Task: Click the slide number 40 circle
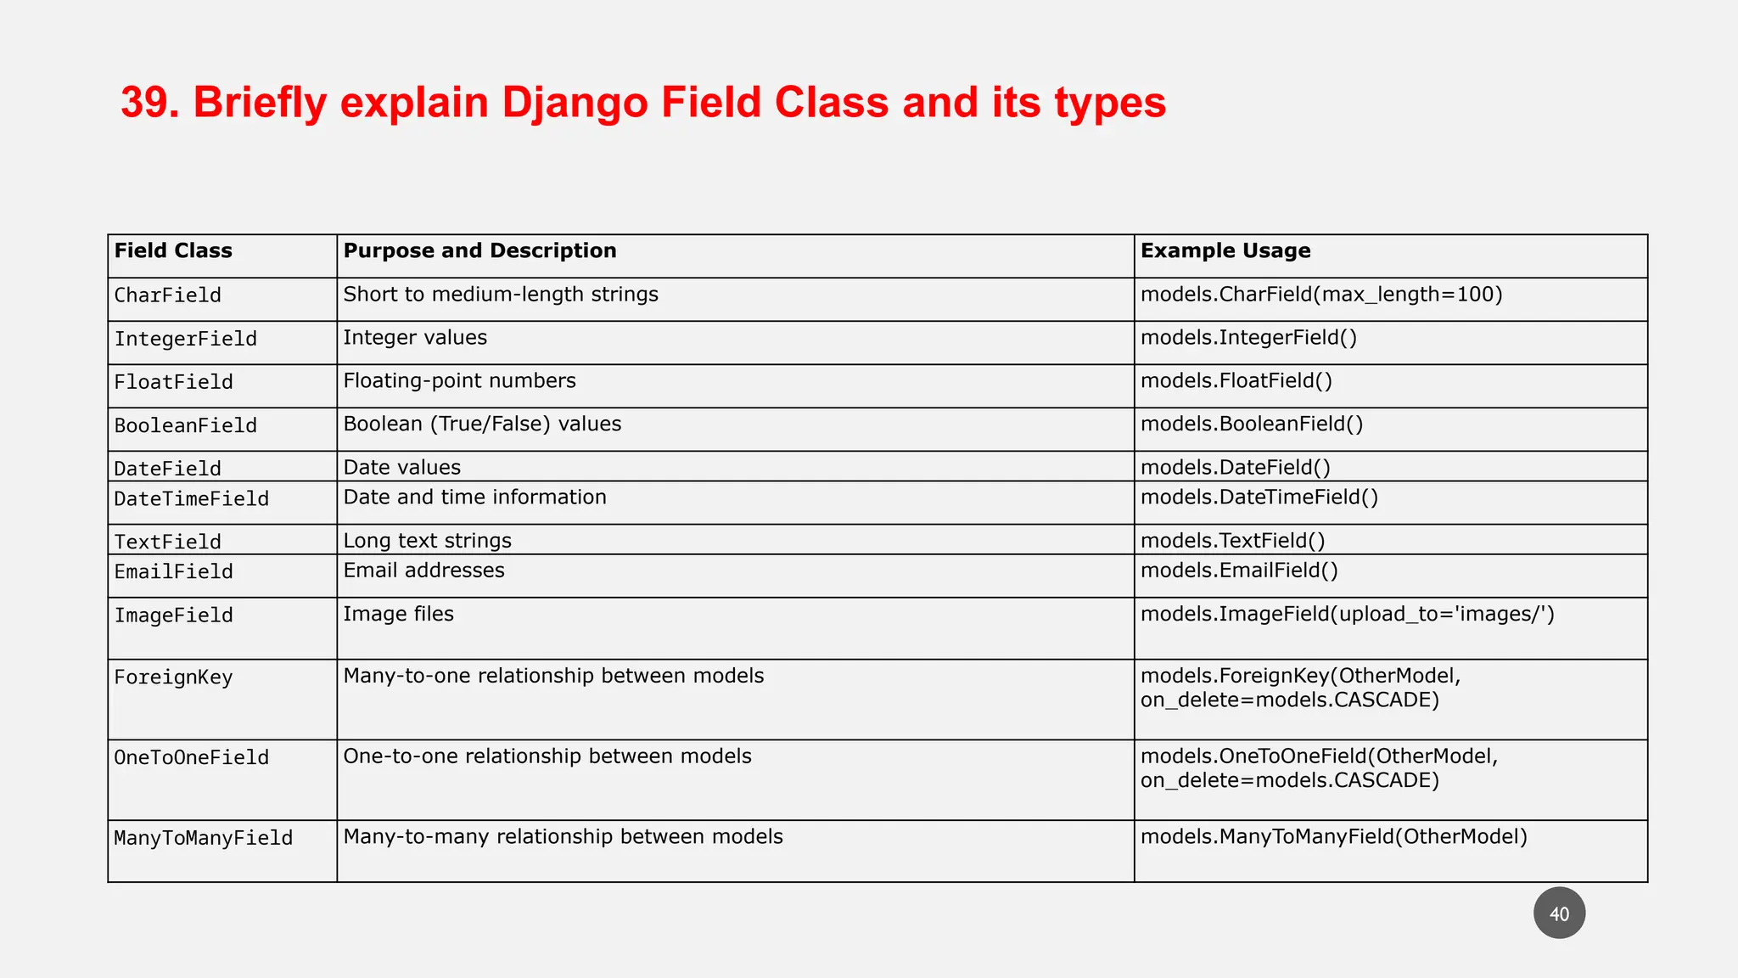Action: click(x=1559, y=913)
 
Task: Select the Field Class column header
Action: click(x=173, y=251)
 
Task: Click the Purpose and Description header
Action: click(x=479, y=251)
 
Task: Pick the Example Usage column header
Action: click(x=1225, y=251)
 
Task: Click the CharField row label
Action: click(x=168, y=295)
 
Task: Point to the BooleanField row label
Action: click(x=186, y=425)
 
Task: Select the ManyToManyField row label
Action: click(x=204, y=838)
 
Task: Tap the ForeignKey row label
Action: click(x=173, y=677)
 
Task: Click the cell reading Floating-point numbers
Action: click(x=459, y=381)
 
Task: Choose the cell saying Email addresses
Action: click(x=423, y=570)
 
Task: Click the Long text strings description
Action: click(x=427, y=541)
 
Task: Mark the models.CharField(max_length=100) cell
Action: click(x=1320, y=295)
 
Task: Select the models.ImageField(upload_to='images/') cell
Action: click(x=1347, y=615)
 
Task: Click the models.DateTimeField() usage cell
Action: click(x=1259, y=497)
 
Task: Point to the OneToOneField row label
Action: click(x=192, y=757)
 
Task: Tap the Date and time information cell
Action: click(x=474, y=497)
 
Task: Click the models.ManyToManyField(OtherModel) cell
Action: click(x=1333, y=837)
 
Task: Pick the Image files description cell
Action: click(x=398, y=615)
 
